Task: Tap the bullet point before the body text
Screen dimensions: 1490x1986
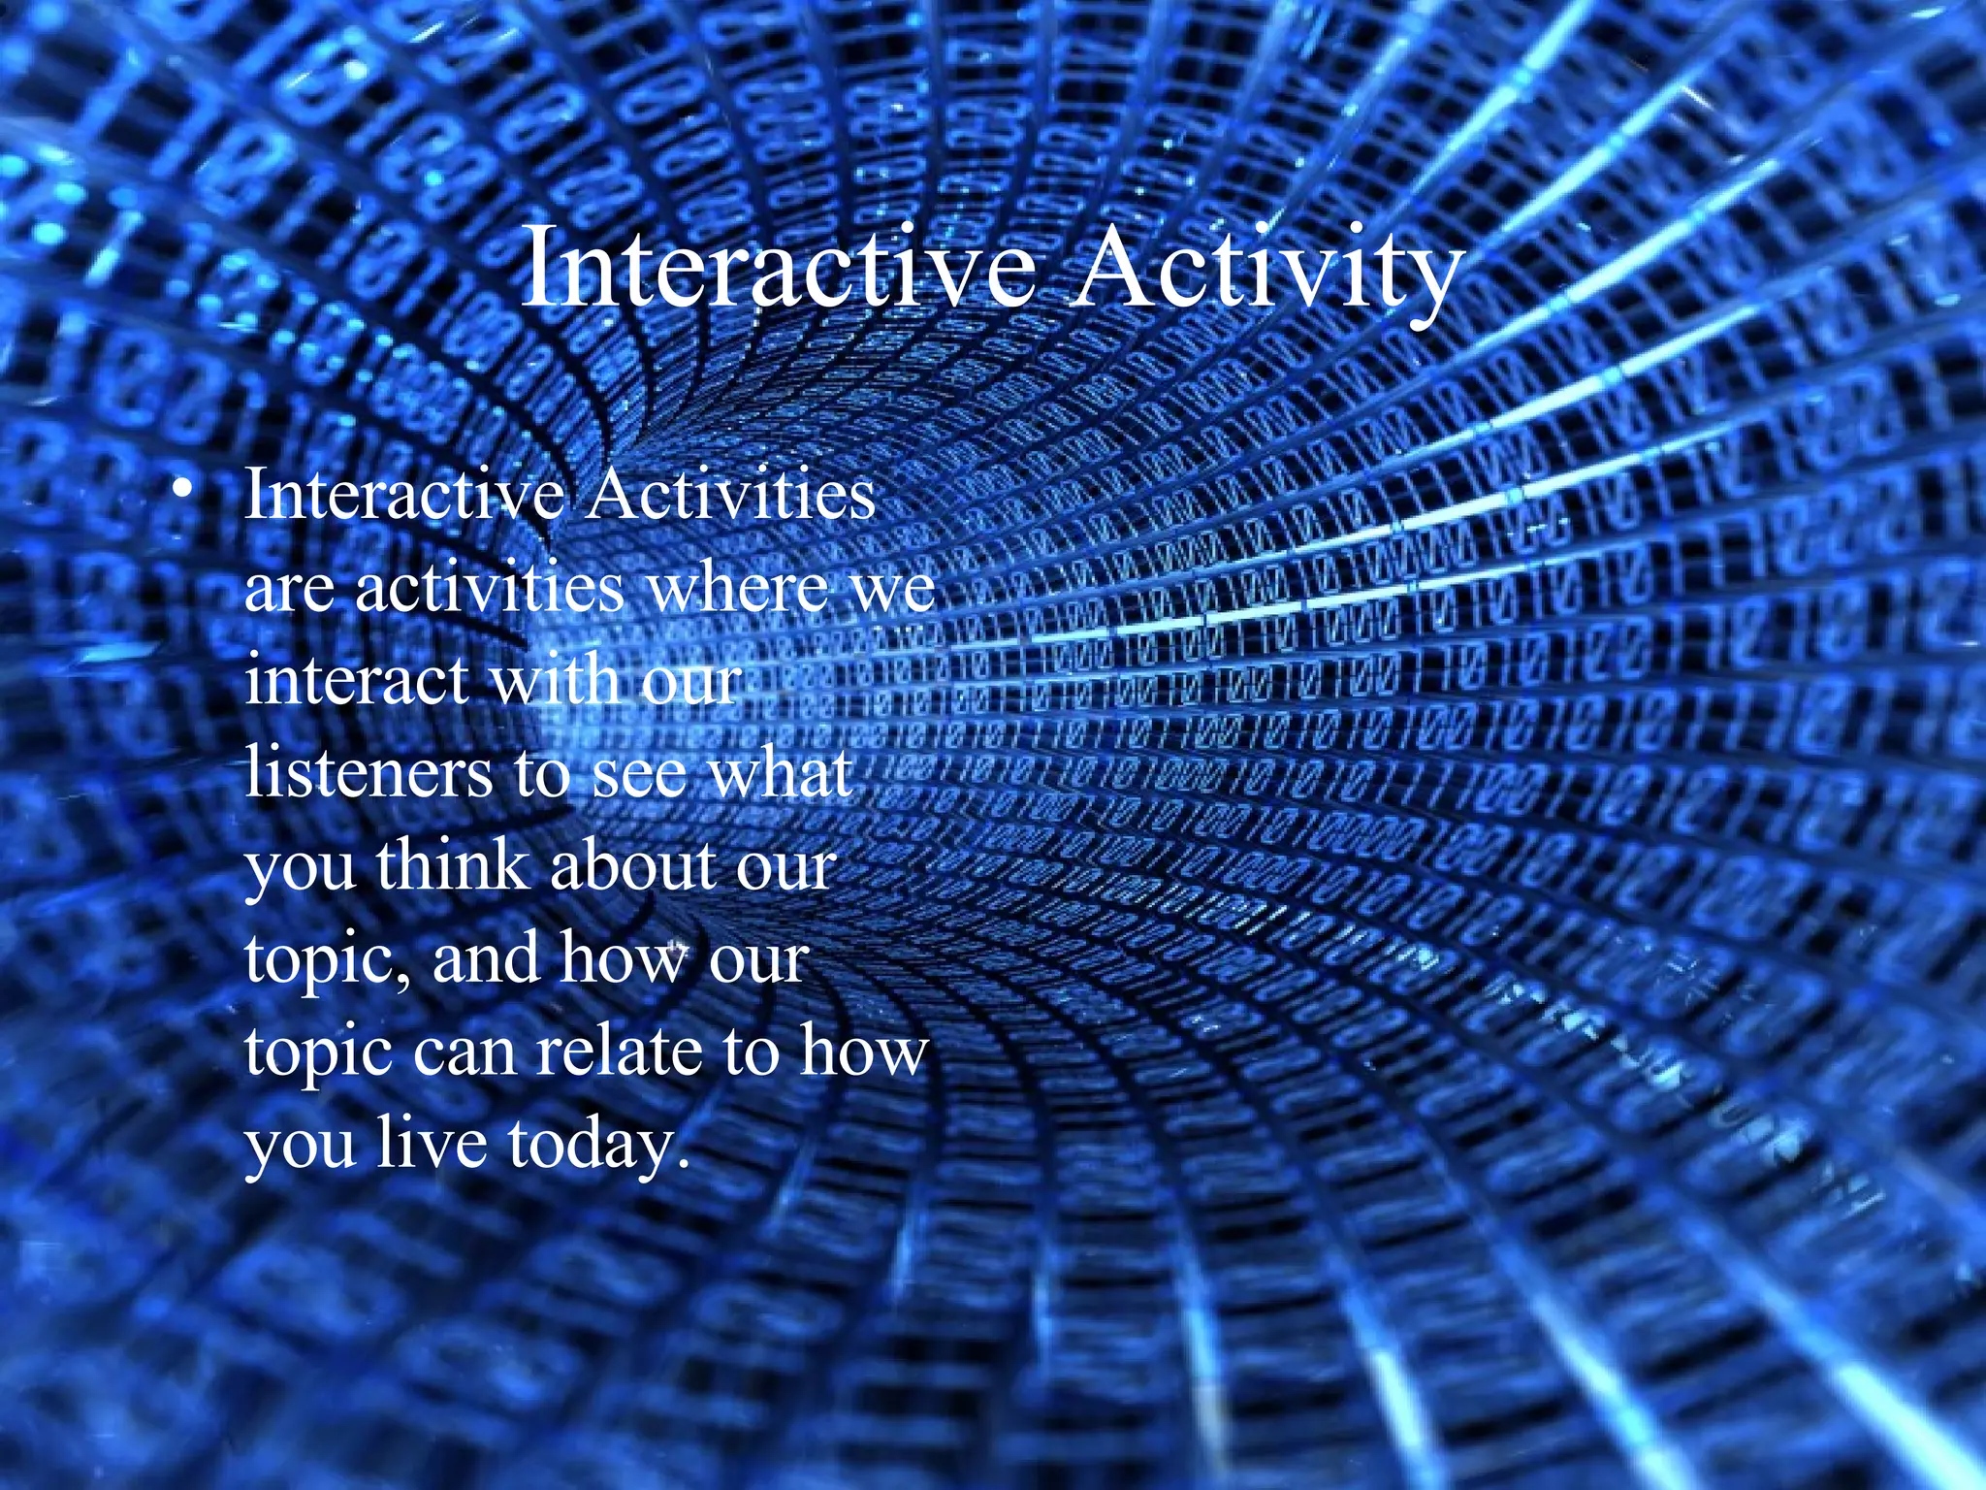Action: click(x=176, y=489)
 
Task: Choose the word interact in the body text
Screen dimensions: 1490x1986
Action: click(x=357, y=679)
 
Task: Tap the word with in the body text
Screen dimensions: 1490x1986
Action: click(x=555, y=679)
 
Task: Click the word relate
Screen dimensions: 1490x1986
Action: click(x=621, y=1050)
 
